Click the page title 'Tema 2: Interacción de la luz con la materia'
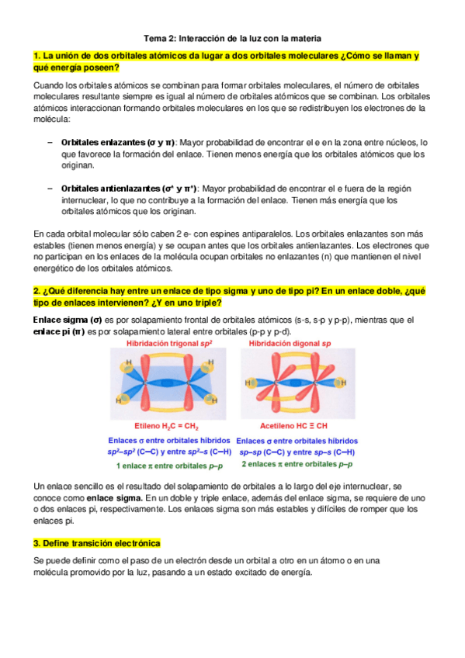pos(233,38)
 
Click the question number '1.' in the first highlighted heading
pos(38,56)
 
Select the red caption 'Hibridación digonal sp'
pos(290,343)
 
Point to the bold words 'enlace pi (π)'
pos(59,332)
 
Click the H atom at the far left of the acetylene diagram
pos(248,383)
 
